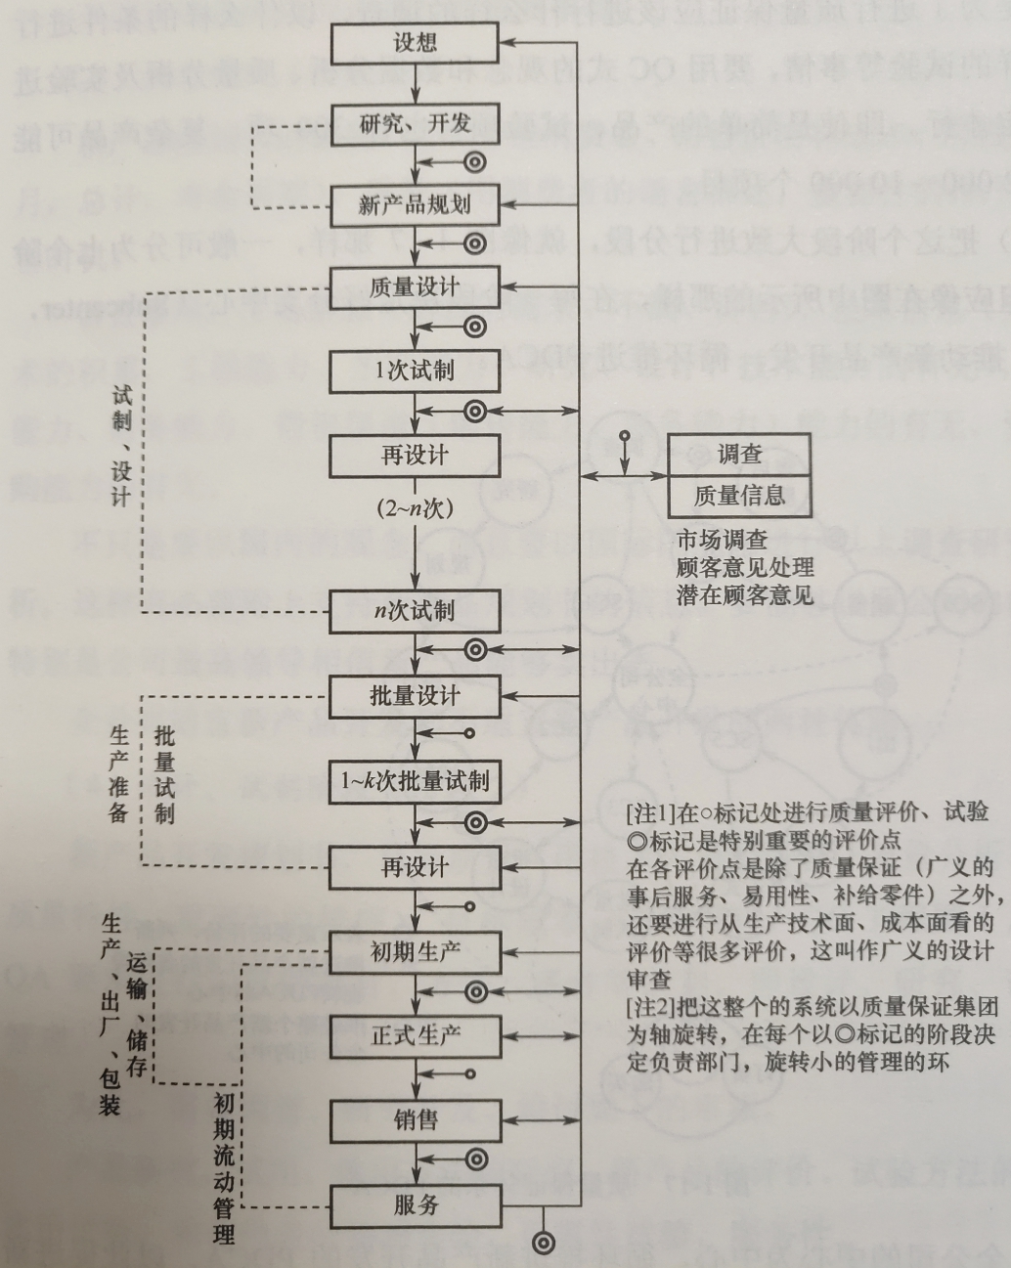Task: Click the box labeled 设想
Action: pyautogui.click(x=416, y=43)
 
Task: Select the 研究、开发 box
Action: pyautogui.click(x=416, y=124)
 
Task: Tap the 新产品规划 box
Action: pyautogui.click(x=416, y=205)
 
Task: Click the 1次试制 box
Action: pyautogui.click(x=416, y=371)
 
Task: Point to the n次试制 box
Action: pyautogui.click(x=416, y=612)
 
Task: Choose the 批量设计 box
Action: pyautogui.click(x=416, y=696)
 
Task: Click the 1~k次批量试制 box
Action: pyautogui.click(x=416, y=781)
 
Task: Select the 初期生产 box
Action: pyautogui.click(x=416, y=950)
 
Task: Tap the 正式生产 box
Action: pyautogui.click(x=416, y=1035)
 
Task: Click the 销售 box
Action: pyautogui.click(x=416, y=1119)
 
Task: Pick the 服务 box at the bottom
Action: pyautogui.click(x=416, y=1205)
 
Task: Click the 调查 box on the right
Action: pyautogui.click(x=739, y=454)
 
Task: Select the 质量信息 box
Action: pyautogui.click(x=739, y=497)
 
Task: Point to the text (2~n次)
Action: pyautogui.click(x=416, y=508)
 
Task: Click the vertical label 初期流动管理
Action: pyautogui.click(x=224, y=1168)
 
